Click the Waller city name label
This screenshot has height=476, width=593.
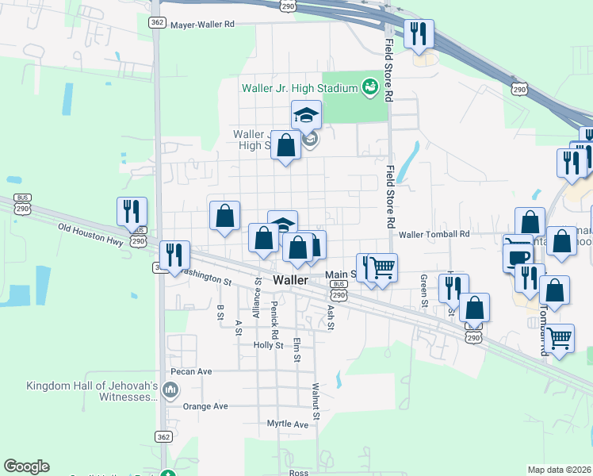click(290, 281)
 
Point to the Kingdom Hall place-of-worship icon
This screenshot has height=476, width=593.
click(170, 390)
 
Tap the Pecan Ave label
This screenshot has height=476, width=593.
click(191, 371)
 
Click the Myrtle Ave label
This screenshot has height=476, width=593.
click(287, 424)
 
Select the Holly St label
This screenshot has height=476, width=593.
click(268, 346)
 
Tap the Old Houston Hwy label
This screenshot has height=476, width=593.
click(92, 236)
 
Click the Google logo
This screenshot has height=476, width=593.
click(26, 466)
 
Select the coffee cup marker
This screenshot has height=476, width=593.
click(518, 258)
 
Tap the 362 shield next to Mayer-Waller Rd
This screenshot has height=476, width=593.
click(157, 23)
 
